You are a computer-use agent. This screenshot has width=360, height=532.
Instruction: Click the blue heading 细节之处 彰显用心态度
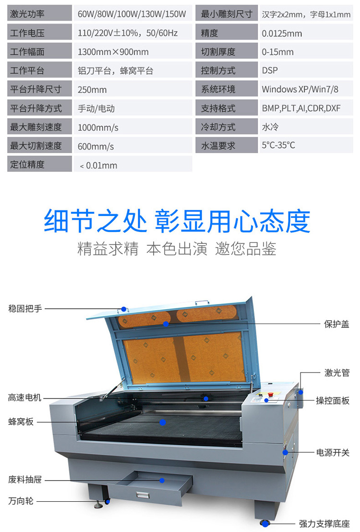177,221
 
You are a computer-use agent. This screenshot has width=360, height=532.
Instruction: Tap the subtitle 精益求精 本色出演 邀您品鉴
177,249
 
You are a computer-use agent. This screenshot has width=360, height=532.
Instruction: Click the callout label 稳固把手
25,309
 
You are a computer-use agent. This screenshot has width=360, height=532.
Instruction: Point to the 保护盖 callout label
336,324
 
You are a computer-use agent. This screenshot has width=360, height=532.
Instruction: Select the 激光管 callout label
336,373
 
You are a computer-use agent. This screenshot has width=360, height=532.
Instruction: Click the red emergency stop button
271,394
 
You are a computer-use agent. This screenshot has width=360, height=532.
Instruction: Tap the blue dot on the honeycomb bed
163,422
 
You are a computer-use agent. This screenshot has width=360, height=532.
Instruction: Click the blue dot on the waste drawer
162,480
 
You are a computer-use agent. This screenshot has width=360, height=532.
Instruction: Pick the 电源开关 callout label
333,452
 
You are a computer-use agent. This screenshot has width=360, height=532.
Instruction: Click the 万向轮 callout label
21,501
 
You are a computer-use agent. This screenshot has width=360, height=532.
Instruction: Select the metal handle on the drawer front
143,495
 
